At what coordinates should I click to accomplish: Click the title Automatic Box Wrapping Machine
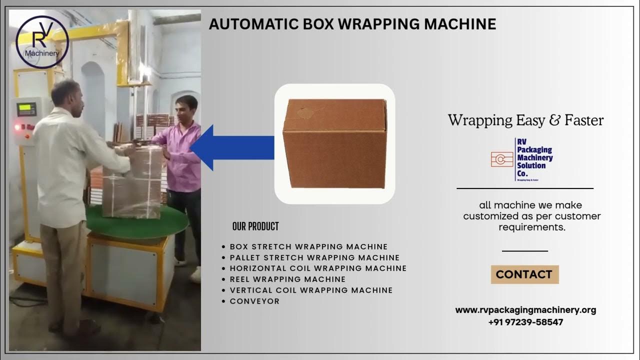[352, 24]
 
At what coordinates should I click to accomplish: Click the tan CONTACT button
[524, 274]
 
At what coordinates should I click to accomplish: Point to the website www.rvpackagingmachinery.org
[525, 310]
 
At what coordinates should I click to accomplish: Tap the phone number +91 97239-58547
[525, 322]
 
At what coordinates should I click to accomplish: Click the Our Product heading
[255, 226]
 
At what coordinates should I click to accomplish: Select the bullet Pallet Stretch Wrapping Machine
[314, 257]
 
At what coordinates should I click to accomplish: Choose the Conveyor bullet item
[254, 301]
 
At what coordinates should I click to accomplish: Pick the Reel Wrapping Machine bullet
[287, 279]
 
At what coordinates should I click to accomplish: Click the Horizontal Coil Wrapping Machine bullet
[318, 268]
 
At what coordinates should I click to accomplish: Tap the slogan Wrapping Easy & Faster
[525, 120]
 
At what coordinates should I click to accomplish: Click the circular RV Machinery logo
[42, 42]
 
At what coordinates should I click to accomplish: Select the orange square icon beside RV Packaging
[502, 159]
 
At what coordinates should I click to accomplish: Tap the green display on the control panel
[26, 108]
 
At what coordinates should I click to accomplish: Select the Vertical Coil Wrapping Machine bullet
[311, 290]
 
